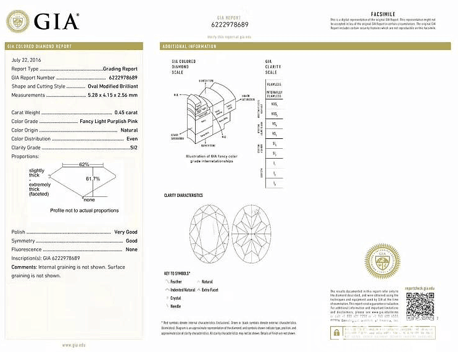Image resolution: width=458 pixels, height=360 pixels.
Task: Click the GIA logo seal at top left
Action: click(x=18, y=22)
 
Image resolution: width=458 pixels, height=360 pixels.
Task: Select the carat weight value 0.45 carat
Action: click(x=126, y=112)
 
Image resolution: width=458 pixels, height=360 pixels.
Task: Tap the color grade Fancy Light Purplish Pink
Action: click(x=109, y=122)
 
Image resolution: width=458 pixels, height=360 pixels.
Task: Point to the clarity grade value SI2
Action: click(x=132, y=148)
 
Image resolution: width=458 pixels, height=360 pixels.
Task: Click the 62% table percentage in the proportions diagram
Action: click(x=85, y=164)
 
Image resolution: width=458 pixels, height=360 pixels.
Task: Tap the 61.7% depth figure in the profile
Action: click(x=93, y=178)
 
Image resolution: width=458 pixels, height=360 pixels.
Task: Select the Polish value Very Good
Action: click(x=126, y=232)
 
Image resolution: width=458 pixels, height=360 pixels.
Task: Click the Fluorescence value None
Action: click(x=131, y=249)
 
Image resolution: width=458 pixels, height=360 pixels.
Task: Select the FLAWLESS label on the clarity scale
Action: click(x=273, y=85)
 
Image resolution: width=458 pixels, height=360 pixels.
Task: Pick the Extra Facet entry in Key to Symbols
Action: click(x=210, y=290)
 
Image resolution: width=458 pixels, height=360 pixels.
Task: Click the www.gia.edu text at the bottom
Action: click(x=73, y=345)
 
